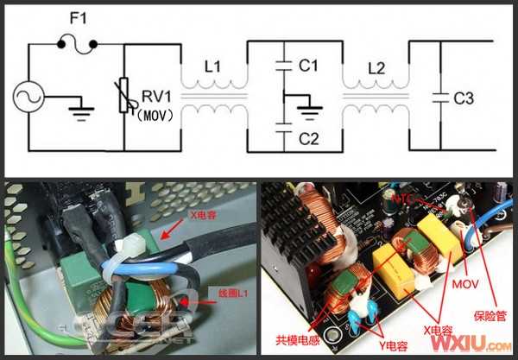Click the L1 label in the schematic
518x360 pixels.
(x=213, y=66)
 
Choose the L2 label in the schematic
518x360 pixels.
(x=376, y=66)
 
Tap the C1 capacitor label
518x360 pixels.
(x=308, y=65)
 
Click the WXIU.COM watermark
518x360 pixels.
(x=464, y=344)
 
